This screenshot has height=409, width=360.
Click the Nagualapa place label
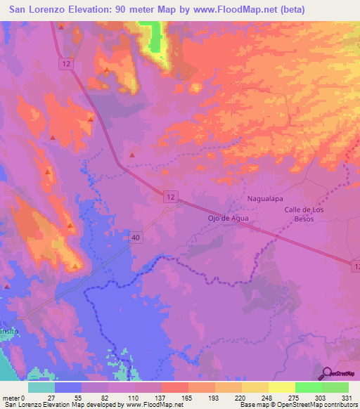click(x=264, y=199)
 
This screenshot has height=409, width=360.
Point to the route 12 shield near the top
click(x=66, y=63)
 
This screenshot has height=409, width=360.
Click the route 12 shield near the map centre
click(x=172, y=199)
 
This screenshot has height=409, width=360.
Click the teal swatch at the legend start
click(x=41, y=387)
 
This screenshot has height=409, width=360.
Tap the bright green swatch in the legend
click(x=308, y=387)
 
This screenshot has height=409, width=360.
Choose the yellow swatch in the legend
click(x=281, y=387)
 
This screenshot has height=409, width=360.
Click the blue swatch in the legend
click(x=68, y=387)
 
